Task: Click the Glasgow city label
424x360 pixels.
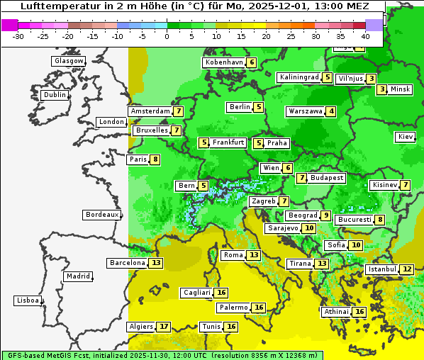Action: coord(69,61)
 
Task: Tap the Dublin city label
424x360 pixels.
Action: coord(55,95)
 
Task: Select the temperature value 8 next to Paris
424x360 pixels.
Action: coord(155,159)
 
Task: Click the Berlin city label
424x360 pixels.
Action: coord(240,107)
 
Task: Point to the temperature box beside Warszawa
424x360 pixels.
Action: coord(331,111)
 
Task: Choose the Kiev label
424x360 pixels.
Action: coord(406,137)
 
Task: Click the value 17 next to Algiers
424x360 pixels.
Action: coord(164,327)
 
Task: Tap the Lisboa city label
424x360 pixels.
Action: coord(27,300)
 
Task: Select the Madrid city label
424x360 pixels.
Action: coord(77,276)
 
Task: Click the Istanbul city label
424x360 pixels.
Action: coord(381,269)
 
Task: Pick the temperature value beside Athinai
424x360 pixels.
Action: coord(359,312)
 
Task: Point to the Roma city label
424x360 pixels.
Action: coord(233,255)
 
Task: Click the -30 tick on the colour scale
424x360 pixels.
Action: coord(18,36)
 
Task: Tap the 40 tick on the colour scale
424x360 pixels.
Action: coord(365,36)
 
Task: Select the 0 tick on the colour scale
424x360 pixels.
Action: coord(167,36)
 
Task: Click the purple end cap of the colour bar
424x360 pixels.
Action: coord(374,25)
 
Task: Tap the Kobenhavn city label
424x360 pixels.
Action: coord(223,62)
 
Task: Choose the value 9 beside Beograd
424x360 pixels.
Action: coord(325,215)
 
